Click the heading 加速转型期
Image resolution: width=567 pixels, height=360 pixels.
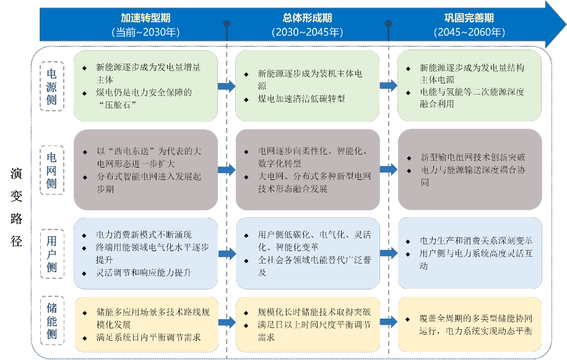click(146, 19)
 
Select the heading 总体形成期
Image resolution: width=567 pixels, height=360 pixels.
click(307, 19)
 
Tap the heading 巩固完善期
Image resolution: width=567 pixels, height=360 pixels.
click(469, 19)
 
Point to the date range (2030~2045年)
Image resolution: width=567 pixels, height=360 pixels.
click(307, 32)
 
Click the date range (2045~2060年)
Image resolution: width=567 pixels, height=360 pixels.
click(469, 32)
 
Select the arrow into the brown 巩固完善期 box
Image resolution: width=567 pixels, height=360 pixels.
click(389, 169)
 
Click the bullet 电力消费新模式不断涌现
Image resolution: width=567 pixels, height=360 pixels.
click(144, 235)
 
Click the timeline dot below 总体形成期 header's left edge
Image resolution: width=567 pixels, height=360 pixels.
click(227, 24)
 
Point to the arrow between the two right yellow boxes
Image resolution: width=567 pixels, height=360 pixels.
click(389, 321)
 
